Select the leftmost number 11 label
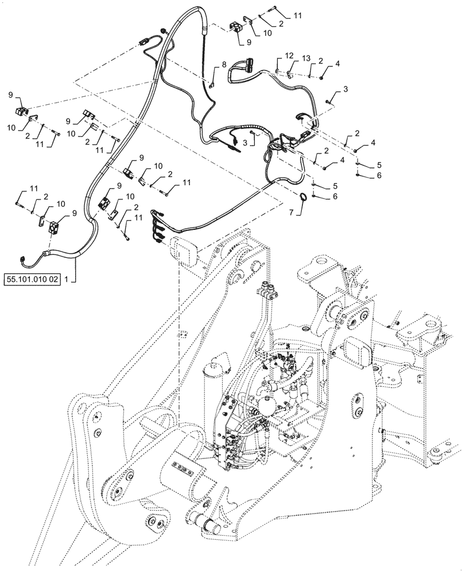(34, 188)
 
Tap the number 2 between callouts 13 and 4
(321, 61)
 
